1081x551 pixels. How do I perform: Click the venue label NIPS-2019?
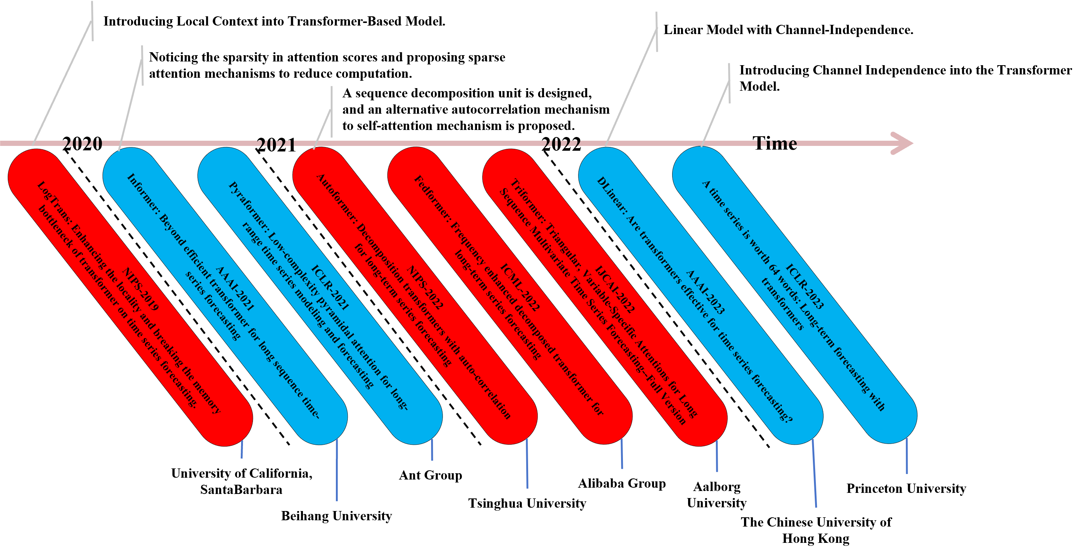pyautogui.click(x=140, y=290)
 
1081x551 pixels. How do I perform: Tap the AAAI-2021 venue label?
pyautogui.click(x=235, y=289)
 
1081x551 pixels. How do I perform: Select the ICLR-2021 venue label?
pyautogui.click(x=330, y=287)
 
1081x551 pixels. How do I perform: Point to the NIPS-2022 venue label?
pyautogui.click(x=425, y=288)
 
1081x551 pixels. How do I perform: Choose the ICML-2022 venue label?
pyautogui.click(x=520, y=287)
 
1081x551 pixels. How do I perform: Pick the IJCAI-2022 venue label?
pyautogui.click(x=615, y=290)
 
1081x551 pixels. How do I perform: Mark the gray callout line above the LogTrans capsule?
pyautogui.click(x=63, y=82)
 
